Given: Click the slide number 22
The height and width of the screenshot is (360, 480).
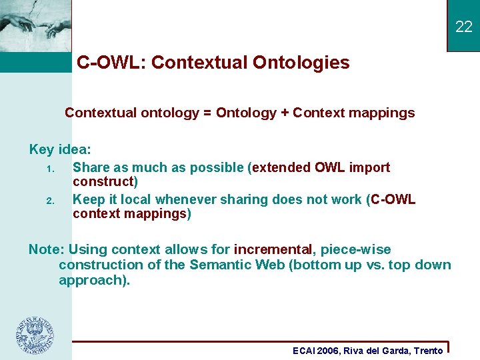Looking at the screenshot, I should [463, 27].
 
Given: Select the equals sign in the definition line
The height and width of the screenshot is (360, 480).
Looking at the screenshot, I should [207, 113].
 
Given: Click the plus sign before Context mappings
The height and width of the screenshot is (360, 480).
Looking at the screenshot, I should [285, 113].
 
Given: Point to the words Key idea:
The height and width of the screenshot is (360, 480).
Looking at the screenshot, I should [60, 149].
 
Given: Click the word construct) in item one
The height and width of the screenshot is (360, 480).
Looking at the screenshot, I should [105, 182].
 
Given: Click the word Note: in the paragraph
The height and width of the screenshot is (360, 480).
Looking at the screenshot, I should [46, 250].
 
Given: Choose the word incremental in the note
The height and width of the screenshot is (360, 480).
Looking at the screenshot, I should [273, 250].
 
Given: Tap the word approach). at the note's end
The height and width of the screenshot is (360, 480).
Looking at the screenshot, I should [94, 280].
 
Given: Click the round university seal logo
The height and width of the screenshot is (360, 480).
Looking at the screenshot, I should [35, 335].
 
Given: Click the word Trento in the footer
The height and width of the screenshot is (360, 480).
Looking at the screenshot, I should [428, 351].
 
